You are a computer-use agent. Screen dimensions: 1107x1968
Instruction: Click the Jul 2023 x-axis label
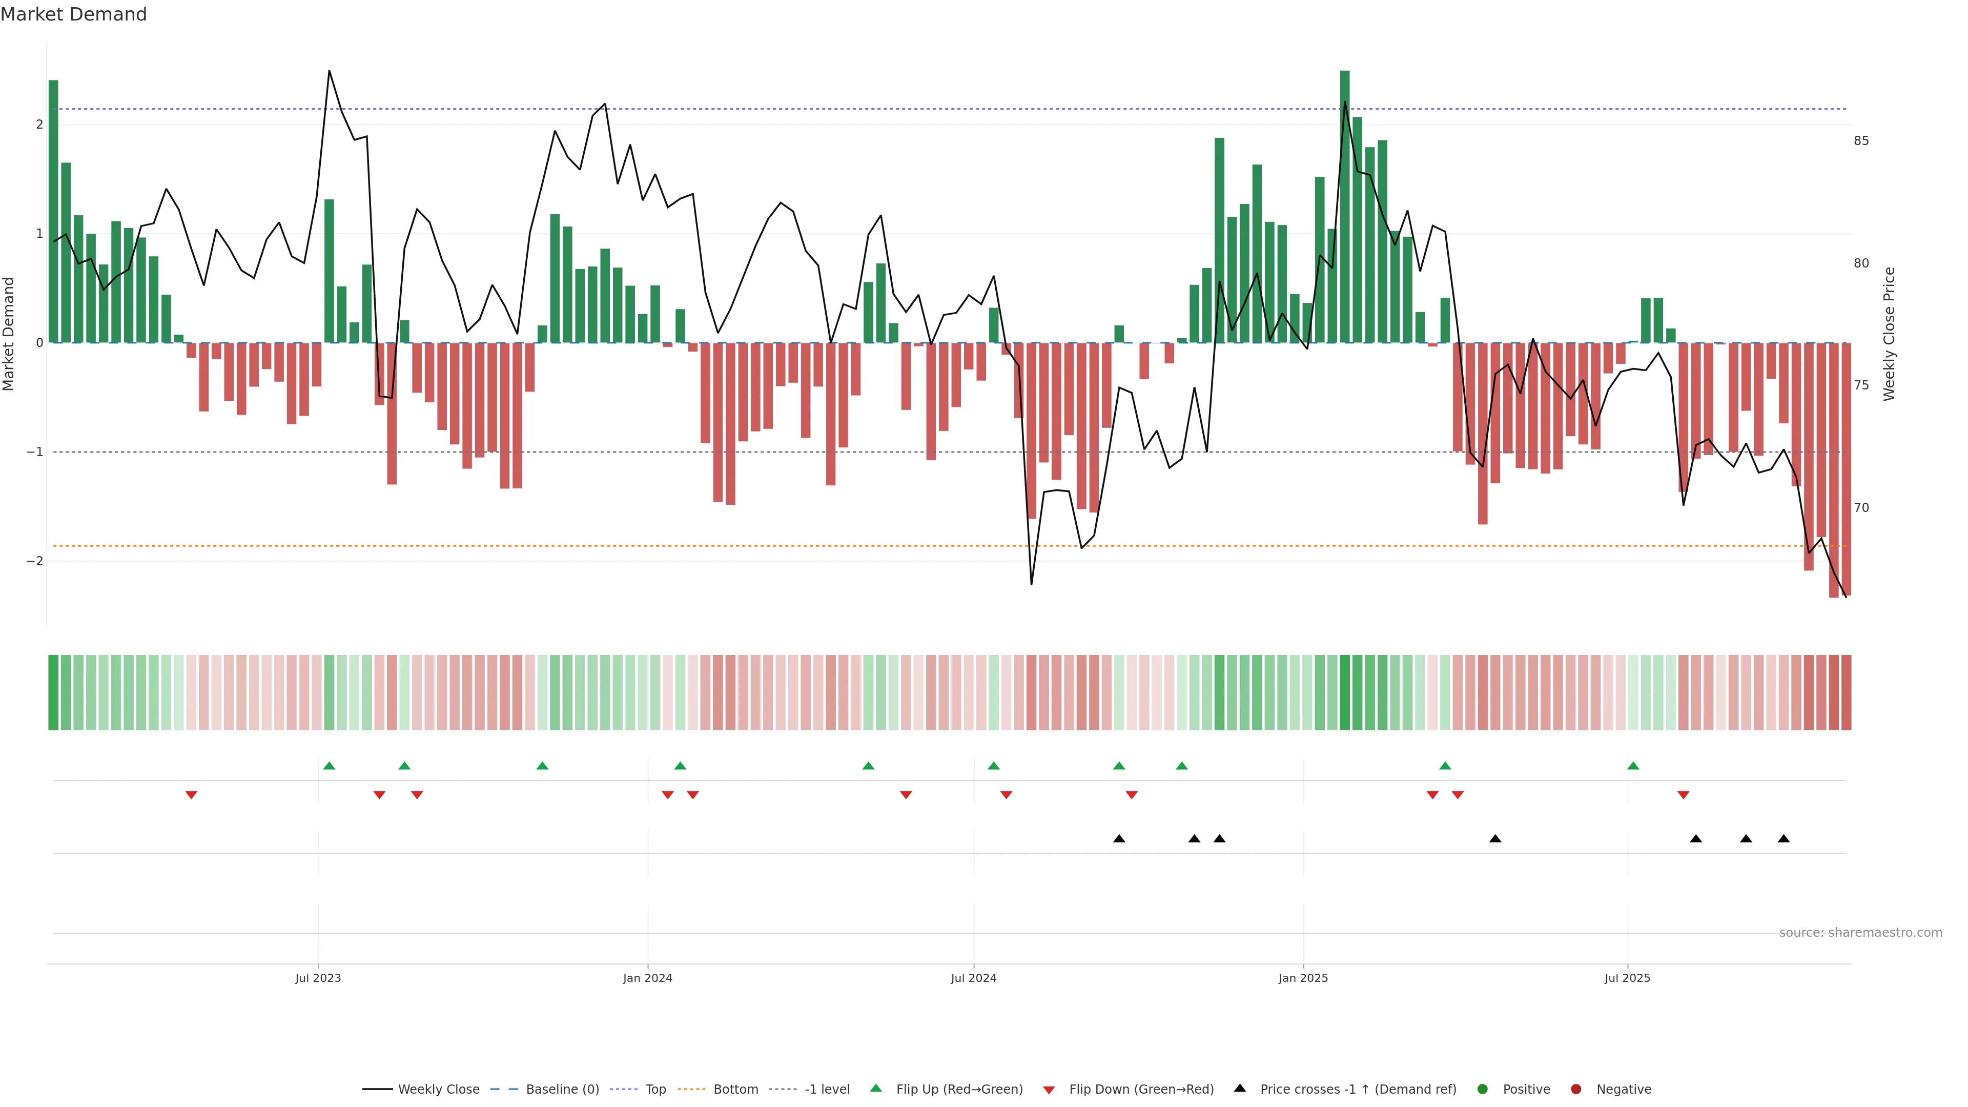pyautogui.click(x=318, y=978)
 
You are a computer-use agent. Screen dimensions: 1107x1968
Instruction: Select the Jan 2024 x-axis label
pyautogui.click(x=647, y=978)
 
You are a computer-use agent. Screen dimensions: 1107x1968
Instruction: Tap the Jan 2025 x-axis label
pyautogui.click(x=1303, y=978)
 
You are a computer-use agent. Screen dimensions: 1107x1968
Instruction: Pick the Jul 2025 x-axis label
pyautogui.click(x=1627, y=978)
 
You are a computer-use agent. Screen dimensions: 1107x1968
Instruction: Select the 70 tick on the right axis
pyautogui.click(x=1861, y=508)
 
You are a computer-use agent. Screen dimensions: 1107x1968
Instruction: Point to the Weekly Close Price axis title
pyautogui.click(x=1889, y=334)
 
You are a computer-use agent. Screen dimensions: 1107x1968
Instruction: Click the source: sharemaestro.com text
pyautogui.click(x=1860, y=933)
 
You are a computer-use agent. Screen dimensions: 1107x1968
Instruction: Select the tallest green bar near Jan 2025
pyautogui.click(x=1345, y=206)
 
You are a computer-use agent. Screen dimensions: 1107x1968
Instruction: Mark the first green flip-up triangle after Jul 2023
pyautogui.click(x=329, y=766)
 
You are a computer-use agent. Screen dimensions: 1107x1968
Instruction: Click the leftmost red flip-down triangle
pyautogui.click(x=192, y=795)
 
